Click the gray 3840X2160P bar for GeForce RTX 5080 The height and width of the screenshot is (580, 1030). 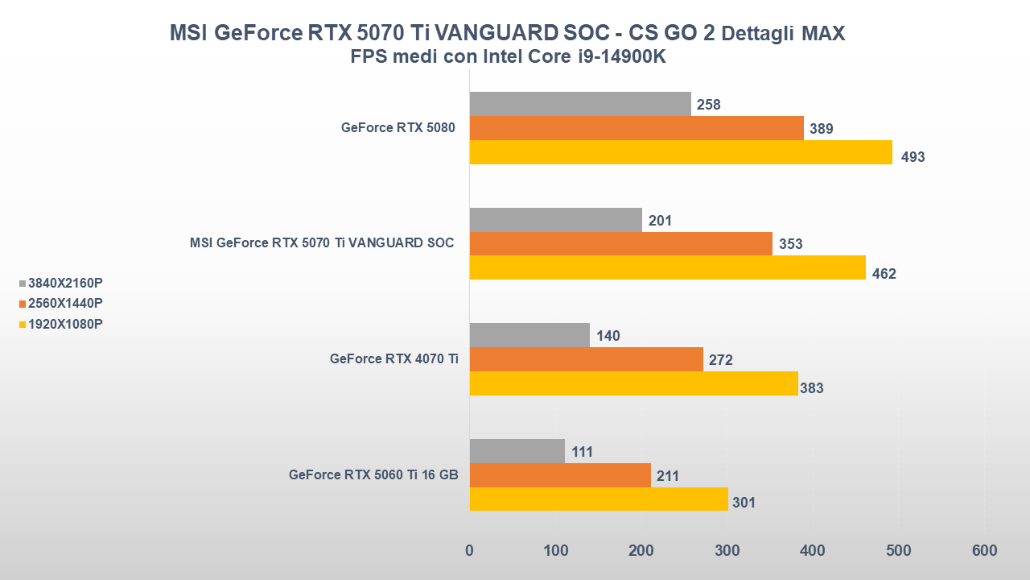(579, 104)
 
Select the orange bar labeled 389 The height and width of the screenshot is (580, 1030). (636, 128)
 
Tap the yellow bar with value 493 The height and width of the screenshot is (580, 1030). (680, 152)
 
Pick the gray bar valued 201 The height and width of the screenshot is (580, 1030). (555, 220)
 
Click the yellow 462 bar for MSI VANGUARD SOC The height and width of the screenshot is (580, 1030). (667, 267)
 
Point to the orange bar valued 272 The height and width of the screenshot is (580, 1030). (586, 359)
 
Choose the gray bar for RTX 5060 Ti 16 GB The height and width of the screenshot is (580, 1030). (517, 451)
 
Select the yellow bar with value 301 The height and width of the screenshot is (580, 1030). (598, 499)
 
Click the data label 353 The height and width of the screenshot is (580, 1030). (790, 244)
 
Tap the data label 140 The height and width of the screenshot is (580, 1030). (608, 336)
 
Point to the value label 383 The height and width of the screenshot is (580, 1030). (811, 388)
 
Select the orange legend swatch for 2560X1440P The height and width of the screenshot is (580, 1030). (22, 304)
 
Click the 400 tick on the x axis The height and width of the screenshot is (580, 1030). (813, 551)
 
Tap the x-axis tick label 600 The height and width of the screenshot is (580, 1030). (984, 551)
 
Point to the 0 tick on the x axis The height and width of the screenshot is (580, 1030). (470, 551)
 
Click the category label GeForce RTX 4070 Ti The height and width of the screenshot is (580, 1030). (393, 359)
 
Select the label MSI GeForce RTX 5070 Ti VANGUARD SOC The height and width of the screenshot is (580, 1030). (322, 243)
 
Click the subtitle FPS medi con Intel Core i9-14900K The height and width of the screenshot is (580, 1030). (508, 57)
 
